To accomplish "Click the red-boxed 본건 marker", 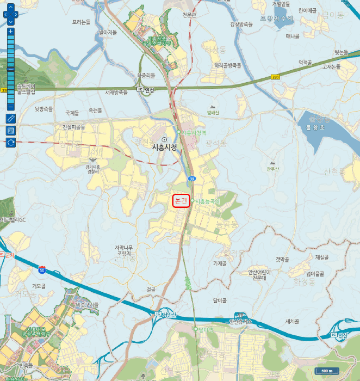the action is coord(181,201).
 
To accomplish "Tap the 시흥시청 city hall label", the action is coord(165,146).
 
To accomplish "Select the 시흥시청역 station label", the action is coord(194,132).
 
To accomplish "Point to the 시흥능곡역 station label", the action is coord(207,201).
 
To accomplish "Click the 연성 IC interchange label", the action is coord(146,90).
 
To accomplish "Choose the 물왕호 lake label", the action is coord(315,128).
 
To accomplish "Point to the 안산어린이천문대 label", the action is coord(257,274).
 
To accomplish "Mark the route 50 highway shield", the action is coord(42,269).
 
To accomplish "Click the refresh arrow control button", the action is coord(10,143).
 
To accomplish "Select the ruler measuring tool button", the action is coord(10,118).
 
